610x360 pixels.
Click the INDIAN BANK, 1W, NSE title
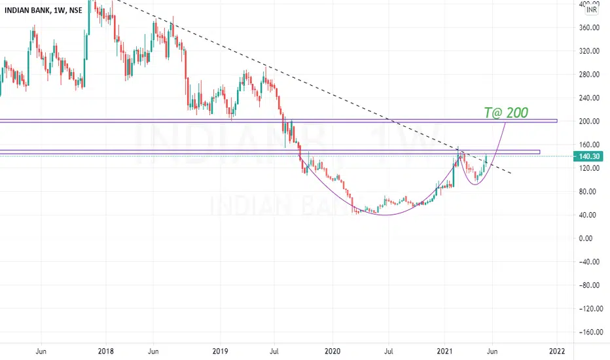point(43,10)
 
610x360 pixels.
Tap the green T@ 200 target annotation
point(506,113)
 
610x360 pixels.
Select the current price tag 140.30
point(589,156)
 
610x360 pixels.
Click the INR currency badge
point(591,10)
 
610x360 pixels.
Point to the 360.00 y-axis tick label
point(589,27)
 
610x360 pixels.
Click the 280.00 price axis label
point(589,75)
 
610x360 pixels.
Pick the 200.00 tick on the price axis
point(589,122)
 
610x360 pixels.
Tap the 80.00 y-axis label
point(588,192)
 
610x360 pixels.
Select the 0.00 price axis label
point(586,238)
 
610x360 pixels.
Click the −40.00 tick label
point(588,262)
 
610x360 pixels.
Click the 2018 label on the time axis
point(106,351)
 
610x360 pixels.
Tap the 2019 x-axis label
point(220,351)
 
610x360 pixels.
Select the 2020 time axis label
point(332,351)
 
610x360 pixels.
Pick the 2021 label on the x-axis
point(444,351)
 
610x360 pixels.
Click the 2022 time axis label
point(557,351)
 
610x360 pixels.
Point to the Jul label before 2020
point(274,351)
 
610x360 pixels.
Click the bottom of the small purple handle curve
point(475,184)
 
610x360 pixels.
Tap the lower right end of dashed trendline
point(511,173)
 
